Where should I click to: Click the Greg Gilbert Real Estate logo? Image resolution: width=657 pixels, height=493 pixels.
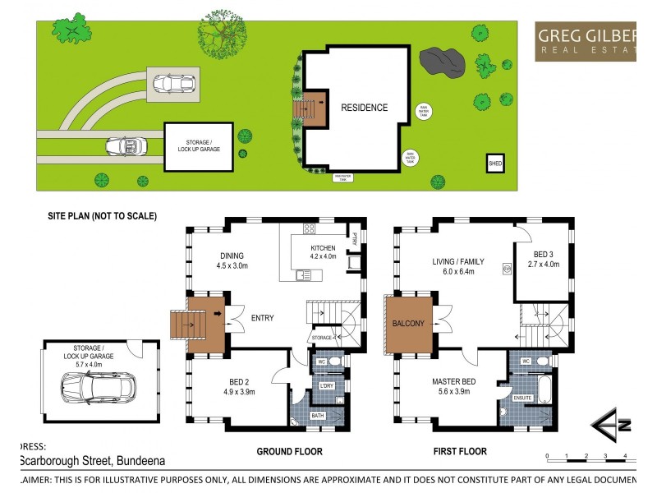pyautogui.click(x=586, y=41)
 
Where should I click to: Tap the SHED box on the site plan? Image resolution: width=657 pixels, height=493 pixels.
pyautogui.click(x=496, y=162)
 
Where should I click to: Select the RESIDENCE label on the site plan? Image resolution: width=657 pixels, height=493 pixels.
pyautogui.click(x=364, y=108)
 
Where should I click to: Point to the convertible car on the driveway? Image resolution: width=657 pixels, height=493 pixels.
pyautogui.click(x=125, y=146)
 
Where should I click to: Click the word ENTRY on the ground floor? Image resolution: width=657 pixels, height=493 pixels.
pyautogui.click(x=262, y=318)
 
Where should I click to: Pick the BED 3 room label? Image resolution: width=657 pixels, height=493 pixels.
pyautogui.click(x=543, y=254)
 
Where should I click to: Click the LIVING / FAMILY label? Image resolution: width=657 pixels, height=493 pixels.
pyautogui.click(x=458, y=262)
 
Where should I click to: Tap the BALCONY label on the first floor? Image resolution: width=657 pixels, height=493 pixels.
pyautogui.click(x=408, y=324)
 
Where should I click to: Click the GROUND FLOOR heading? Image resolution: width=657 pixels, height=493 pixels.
pyautogui.click(x=289, y=451)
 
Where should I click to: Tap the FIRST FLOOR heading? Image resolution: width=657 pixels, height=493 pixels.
pyautogui.click(x=460, y=451)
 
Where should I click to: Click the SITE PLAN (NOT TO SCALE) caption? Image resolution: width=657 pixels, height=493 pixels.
pyautogui.click(x=102, y=216)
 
